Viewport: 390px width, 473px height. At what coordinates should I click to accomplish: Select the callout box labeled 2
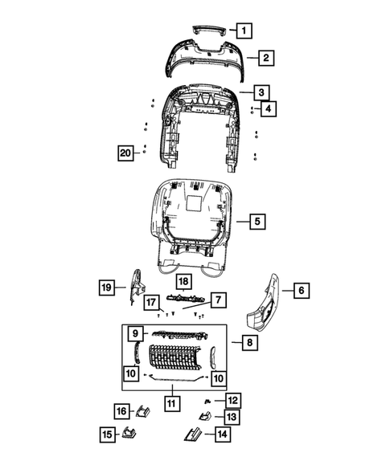[x=263, y=58]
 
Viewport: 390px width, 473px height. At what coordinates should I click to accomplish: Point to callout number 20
[x=124, y=153]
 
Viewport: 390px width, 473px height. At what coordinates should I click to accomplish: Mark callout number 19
[x=105, y=287]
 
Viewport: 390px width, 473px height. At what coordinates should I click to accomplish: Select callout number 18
[x=183, y=282]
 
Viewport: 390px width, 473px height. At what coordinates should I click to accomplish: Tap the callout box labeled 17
[x=150, y=303]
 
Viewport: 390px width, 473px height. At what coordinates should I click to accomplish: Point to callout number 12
[x=232, y=400]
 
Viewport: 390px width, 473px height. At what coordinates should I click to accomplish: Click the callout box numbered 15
[x=106, y=434]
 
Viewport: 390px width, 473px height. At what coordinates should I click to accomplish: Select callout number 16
[x=121, y=411]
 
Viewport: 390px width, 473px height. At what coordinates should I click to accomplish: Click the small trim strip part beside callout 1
[x=210, y=29]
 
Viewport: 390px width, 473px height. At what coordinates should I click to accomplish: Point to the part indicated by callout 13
[x=205, y=417]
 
